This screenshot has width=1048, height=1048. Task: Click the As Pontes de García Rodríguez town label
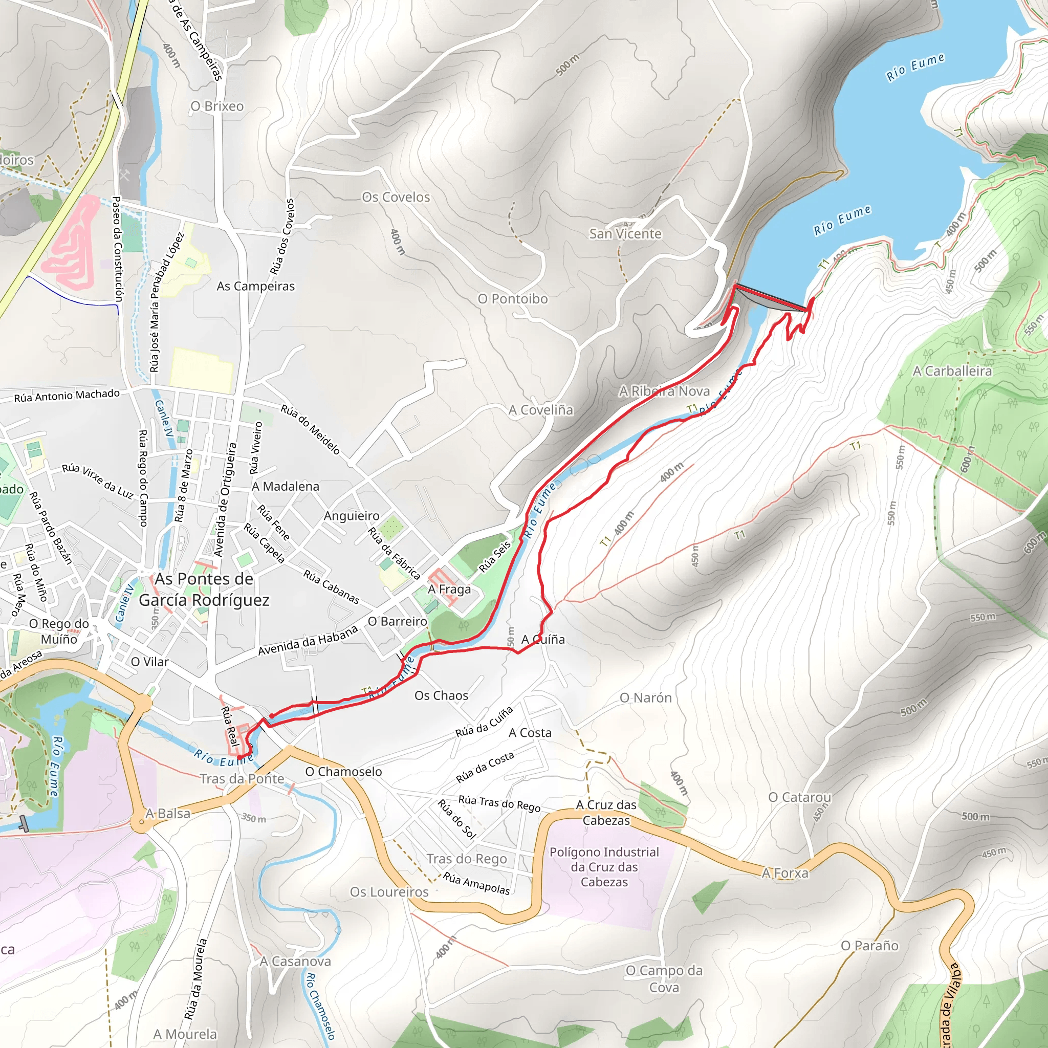[x=204, y=589]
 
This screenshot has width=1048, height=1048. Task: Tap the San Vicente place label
[x=625, y=234]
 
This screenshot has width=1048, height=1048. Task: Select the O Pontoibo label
[x=512, y=299]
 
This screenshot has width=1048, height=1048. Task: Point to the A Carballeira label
[x=952, y=371]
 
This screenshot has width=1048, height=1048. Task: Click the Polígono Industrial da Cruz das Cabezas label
[x=604, y=867]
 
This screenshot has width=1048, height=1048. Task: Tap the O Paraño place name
[x=869, y=946]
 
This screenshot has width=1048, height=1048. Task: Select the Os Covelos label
[x=396, y=198]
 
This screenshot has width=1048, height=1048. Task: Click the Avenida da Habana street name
[x=308, y=640]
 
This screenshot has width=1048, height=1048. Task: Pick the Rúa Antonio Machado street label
[x=67, y=396]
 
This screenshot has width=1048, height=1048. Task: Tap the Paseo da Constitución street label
[x=117, y=249]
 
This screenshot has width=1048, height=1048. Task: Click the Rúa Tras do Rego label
[x=499, y=803]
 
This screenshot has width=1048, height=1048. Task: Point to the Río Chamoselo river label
[x=320, y=1005]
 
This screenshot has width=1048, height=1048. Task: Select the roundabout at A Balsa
[x=142, y=822]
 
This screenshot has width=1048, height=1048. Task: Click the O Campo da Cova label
[x=664, y=978]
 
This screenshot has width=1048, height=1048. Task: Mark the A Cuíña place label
[x=543, y=640]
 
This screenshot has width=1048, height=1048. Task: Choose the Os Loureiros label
[x=389, y=892]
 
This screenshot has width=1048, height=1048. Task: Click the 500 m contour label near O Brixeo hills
[x=567, y=64]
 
